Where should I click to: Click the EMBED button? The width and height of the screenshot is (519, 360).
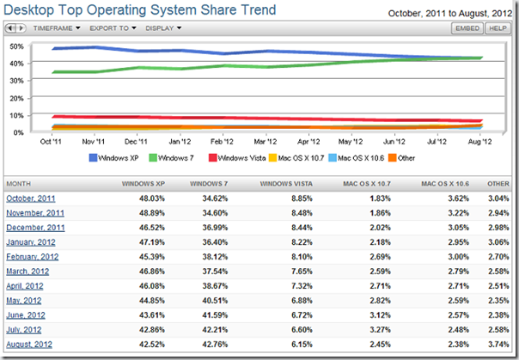tap(467, 28)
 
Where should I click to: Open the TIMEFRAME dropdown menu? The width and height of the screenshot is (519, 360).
tap(57, 28)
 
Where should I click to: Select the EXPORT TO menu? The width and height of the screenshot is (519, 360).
tap(113, 28)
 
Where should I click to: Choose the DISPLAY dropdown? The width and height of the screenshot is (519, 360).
tap(163, 28)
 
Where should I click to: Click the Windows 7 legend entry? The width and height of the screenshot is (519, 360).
tap(171, 158)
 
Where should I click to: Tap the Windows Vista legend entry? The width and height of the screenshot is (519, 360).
tap(237, 158)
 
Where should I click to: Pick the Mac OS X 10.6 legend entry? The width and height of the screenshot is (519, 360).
tap(356, 158)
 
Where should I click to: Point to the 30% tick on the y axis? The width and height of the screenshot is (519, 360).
tap(17, 81)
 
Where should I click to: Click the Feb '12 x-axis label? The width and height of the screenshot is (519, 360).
tap(222, 142)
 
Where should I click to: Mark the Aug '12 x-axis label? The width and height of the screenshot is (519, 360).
tap(479, 142)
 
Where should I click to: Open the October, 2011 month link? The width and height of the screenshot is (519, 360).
tap(31, 198)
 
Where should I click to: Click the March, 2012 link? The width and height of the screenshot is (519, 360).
tap(27, 272)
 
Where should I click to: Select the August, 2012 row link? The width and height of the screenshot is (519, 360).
tap(29, 345)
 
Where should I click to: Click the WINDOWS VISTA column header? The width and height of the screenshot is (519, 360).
tap(286, 184)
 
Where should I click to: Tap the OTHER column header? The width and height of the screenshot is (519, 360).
tap(498, 184)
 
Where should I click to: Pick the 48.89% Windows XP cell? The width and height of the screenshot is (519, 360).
tap(152, 213)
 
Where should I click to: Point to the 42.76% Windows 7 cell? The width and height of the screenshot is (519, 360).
tap(215, 345)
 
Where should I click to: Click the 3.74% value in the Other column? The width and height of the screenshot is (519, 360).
tap(498, 345)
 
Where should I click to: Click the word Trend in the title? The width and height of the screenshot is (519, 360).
tap(258, 10)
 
